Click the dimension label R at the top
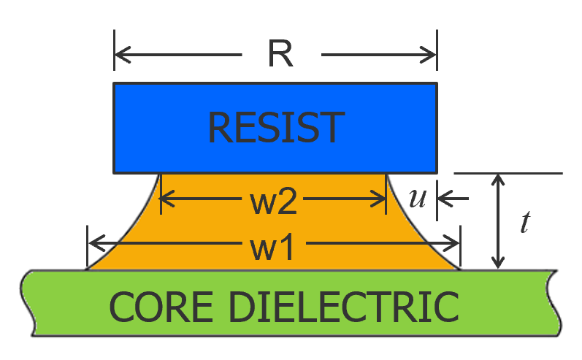click(x=281, y=55)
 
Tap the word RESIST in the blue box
click(x=275, y=128)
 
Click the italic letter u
click(x=417, y=199)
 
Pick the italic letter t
click(x=524, y=222)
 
